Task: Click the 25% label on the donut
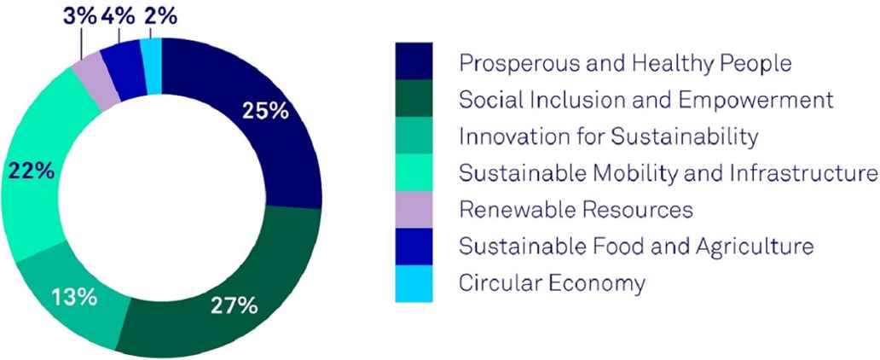tap(265, 112)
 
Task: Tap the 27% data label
tap(234, 306)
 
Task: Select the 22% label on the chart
tap(31, 171)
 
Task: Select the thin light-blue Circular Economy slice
tap(151, 67)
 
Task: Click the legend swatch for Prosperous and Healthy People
tap(414, 61)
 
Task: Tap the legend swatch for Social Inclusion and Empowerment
tap(414, 98)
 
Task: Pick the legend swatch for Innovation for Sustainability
tap(414, 136)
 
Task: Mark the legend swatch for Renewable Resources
tap(414, 210)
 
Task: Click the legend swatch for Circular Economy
tap(414, 283)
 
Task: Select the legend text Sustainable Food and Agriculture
tap(636, 247)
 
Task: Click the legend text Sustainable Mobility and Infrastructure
tap(668, 173)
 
